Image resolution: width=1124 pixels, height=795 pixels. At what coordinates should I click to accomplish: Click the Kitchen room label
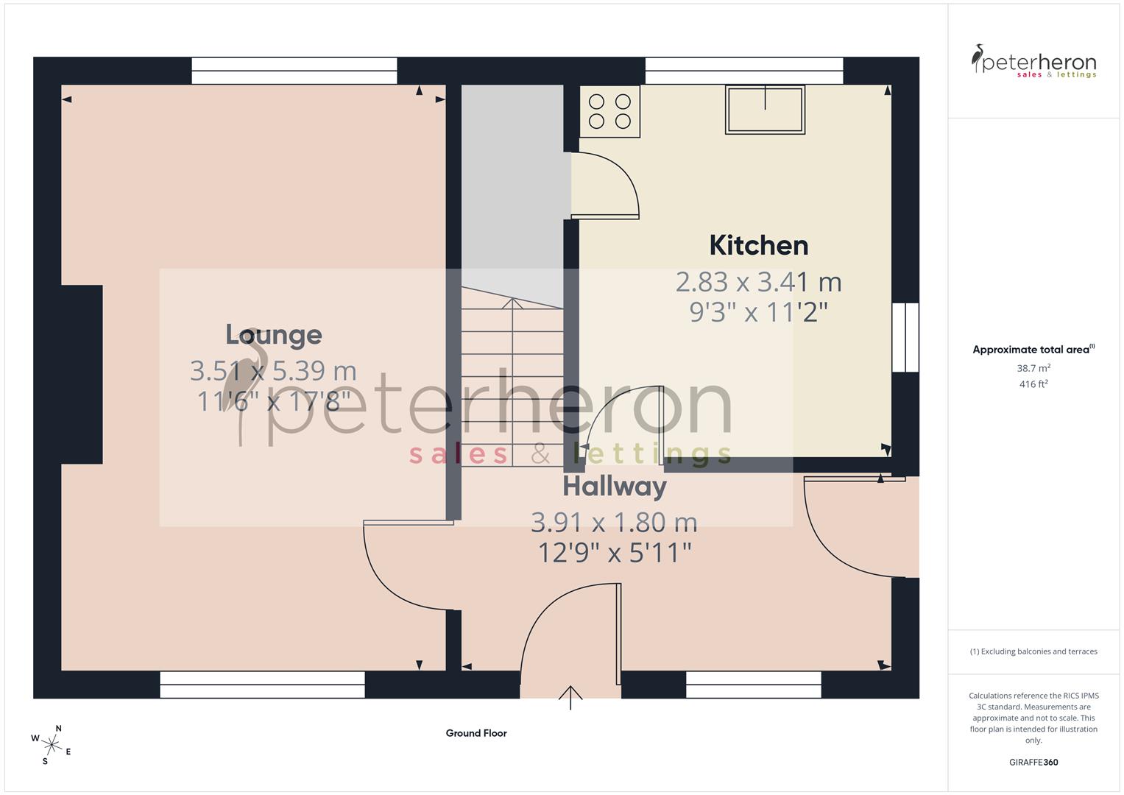[x=758, y=245]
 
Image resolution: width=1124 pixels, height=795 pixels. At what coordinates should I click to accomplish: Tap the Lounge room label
[x=273, y=335]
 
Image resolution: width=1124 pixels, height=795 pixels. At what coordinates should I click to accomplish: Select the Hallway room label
[x=615, y=487]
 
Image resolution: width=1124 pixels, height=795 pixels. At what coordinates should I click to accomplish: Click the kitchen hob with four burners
[x=609, y=111]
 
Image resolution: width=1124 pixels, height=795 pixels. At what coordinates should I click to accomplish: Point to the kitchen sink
[x=765, y=110]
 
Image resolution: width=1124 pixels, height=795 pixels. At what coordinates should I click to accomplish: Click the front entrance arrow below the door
[x=570, y=696]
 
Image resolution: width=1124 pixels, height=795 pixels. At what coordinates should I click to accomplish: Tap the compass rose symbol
[x=52, y=743]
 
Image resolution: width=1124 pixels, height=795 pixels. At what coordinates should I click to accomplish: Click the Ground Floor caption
[x=476, y=733]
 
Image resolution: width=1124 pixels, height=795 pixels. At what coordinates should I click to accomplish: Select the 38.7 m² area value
[x=1033, y=368]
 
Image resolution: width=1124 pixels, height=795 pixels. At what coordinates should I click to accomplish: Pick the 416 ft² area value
[x=1033, y=384]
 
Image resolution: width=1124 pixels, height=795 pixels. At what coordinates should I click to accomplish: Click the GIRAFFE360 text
[x=1033, y=763]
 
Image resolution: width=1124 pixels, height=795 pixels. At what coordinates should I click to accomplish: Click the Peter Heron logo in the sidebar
[x=1033, y=62]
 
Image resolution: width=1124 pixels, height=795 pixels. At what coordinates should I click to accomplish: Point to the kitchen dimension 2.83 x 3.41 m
[x=758, y=282]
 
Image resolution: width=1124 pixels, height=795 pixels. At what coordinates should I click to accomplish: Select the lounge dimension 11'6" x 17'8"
[x=273, y=402]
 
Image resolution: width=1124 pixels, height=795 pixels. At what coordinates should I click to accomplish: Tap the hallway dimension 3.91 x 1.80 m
[x=615, y=523]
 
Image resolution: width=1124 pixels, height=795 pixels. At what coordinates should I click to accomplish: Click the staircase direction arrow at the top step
[x=512, y=303]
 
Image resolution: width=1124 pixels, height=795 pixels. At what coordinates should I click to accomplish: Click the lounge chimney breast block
[x=81, y=375]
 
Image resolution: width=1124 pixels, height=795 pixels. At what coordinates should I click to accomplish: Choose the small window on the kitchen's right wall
[x=905, y=337]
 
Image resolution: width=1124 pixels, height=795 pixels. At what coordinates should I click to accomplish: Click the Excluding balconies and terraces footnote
[x=1033, y=651]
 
